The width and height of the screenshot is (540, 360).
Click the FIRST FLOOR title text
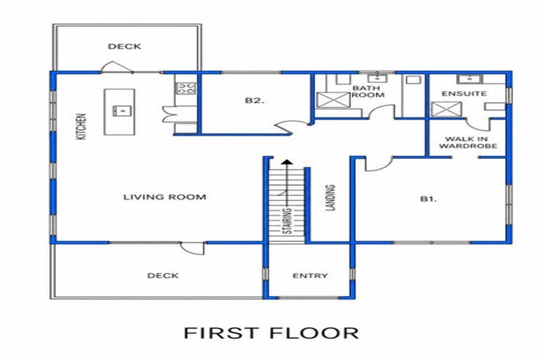271,333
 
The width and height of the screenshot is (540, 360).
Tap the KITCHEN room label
82,127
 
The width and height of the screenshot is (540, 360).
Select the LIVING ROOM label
165,197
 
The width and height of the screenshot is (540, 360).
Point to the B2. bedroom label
255,101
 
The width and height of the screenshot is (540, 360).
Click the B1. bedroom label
428,199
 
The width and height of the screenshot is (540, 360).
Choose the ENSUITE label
464,94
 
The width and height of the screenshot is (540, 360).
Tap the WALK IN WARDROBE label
468,142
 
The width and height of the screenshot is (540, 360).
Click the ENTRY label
310,276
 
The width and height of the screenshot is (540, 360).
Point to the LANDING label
330,198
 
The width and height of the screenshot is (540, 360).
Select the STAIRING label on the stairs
287,221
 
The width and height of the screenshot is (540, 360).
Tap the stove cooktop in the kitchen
186,88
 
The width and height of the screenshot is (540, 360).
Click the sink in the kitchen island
122,111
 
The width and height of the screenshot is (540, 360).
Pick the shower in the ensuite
446,109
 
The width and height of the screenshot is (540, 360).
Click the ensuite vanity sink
469,79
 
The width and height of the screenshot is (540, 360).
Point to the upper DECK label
124,46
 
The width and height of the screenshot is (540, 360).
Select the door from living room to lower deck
192,248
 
